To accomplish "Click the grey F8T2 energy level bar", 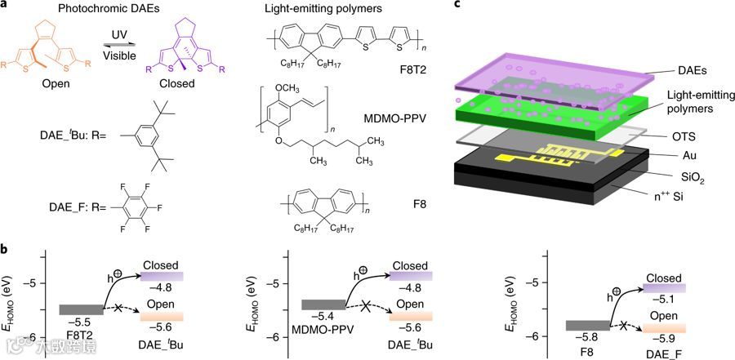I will [81, 309].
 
